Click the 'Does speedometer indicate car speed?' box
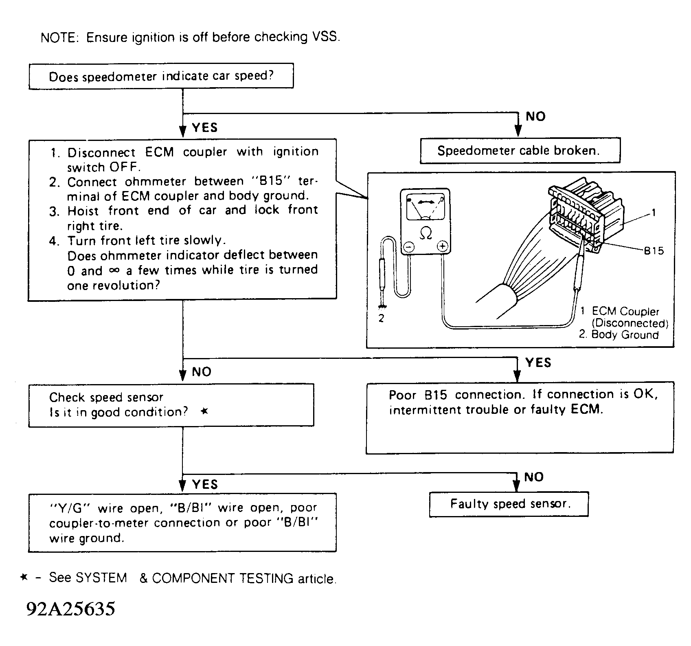[161, 76]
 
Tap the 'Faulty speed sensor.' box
[509, 504]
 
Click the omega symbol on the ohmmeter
[425, 233]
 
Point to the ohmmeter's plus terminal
[443, 246]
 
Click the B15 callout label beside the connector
[654, 251]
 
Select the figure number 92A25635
[71, 609]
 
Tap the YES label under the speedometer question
[205, 128]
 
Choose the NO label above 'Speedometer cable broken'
[535, 116]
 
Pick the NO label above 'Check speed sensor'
[202, 372]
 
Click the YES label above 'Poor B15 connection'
[538, 363]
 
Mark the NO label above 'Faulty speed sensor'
[534, 477]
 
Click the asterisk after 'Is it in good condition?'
[205, 412]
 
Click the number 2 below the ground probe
[381, 319]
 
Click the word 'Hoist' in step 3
[83, 211]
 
